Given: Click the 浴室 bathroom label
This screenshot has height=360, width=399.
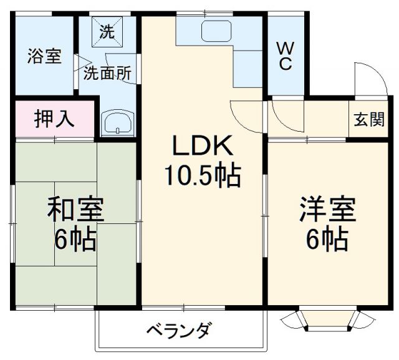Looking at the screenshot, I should pos(44,56).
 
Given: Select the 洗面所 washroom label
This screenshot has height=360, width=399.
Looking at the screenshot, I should pos(108,72).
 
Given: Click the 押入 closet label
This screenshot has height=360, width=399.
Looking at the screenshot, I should pos(54,118).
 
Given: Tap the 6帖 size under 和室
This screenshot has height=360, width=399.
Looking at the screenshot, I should pos(75,240).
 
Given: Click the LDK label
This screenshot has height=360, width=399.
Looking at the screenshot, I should pos(202,147).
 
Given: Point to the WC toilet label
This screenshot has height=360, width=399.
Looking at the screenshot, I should pos(284,55).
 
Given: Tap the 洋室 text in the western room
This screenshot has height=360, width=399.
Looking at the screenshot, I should pos(327,209).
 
